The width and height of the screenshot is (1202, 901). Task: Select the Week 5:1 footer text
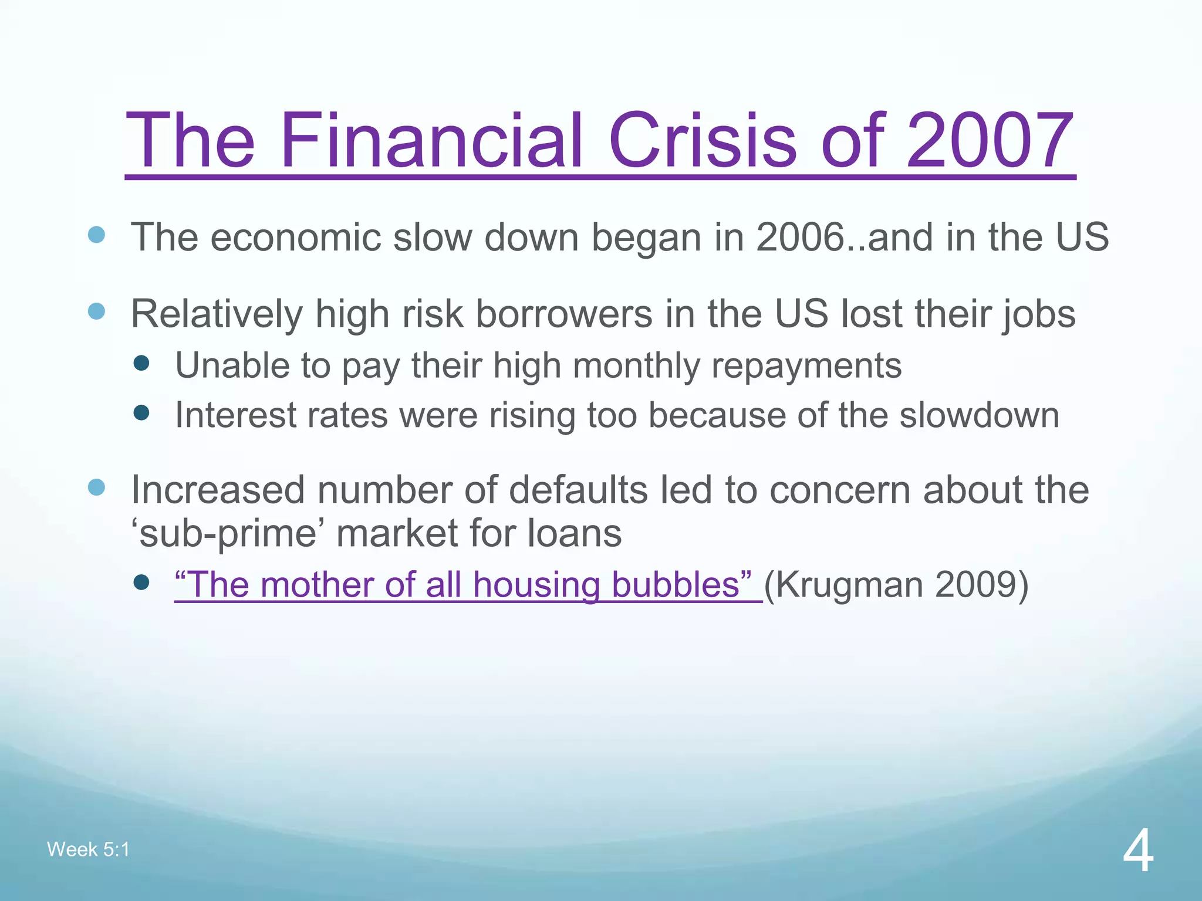click(x=88, y=849)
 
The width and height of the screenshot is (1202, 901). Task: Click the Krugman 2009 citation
click(x=896, y=585)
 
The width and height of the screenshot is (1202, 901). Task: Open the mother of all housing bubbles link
click(x=464, y=585)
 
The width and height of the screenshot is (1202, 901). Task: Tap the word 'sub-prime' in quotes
click(x=227, y=534)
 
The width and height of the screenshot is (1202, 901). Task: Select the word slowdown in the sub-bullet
click(x=979, y=415)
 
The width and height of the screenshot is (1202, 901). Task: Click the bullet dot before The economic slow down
click(x=96, y=235)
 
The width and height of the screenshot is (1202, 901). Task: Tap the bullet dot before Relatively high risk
click(x=96, y=311)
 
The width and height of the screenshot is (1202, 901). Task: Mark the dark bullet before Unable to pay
click(x=141, y=363)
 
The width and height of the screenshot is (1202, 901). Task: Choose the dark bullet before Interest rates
click(x=141, y=413)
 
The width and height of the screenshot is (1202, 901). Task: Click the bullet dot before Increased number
click(x=96, y=487)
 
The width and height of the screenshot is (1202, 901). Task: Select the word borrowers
click(x=563, y=314)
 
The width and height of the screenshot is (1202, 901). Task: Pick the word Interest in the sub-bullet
click(x=235, y=415)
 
